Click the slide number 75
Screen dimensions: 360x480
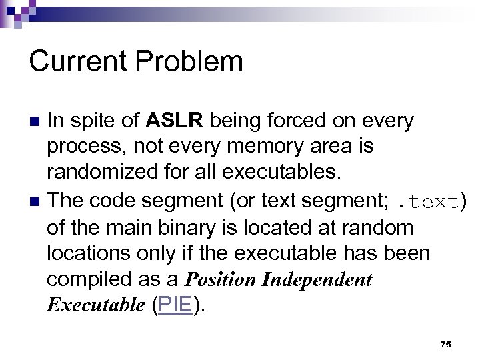(446, 345)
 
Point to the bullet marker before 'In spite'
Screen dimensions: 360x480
(36, 121)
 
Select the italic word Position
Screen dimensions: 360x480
(221, 279)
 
